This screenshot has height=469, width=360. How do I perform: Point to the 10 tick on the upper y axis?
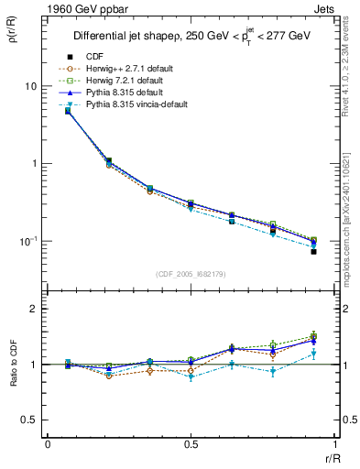(x=31, y=85)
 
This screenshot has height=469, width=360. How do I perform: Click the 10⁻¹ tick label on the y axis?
(x=27, y=242)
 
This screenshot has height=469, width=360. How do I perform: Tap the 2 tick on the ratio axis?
(x=36, y=309)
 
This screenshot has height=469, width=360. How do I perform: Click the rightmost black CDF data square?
(x=313, y=251)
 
